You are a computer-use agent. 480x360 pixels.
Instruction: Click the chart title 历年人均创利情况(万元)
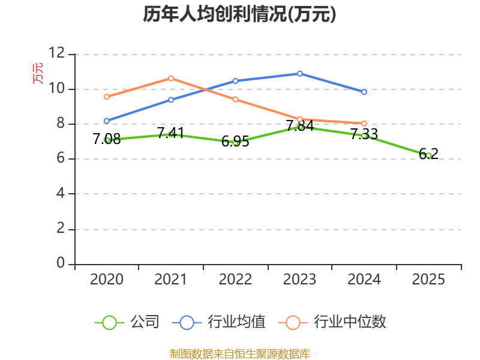[239, 14]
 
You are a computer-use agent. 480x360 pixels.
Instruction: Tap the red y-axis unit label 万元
[38, 73]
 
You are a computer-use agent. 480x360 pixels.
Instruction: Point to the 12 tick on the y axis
[57, 53]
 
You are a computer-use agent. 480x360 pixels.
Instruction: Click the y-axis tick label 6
[60, 159]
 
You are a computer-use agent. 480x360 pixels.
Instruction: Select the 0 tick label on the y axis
[60, 263]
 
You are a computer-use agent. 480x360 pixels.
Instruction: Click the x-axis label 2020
[107, 280]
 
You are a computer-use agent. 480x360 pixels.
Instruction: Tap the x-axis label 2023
[299, 280]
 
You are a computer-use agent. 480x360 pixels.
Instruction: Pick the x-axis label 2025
[428, 280]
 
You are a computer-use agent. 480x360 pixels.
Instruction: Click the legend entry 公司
[145, 322]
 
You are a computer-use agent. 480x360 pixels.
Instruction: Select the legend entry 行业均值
[236, 322]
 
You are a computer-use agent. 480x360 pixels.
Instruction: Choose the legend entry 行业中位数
[350, 322]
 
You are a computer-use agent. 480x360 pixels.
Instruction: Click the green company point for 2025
[428, 155]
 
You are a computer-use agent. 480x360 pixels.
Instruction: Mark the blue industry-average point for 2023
[300, 74]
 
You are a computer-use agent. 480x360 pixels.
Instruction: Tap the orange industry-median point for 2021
[171, 78]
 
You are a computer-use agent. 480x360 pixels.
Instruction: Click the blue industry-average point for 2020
[107, 121]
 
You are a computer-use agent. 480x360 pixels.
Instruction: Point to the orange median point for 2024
[364, 124]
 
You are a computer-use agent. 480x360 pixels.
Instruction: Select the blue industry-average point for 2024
[364, 92]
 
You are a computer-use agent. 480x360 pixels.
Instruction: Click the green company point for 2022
[236, 142]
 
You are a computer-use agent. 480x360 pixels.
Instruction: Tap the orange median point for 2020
[107, 97]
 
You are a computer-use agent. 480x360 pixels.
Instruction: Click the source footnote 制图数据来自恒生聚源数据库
[239, 353]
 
